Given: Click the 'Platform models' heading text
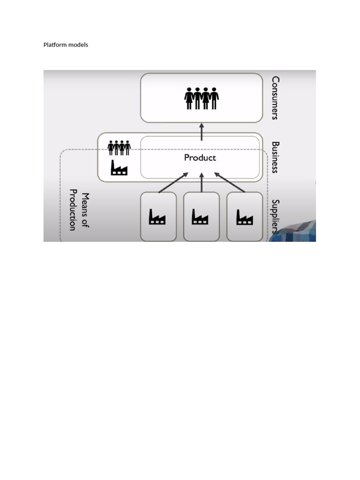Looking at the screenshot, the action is tap(66, 45).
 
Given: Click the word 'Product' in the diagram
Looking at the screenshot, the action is tap(200, 158).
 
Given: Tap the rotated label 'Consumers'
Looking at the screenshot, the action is tap(275, 98).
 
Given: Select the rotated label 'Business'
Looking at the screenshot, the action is tap(275, 157).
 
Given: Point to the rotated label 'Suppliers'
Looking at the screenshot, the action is tap(275, 217).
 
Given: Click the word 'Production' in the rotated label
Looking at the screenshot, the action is tap(73, 210).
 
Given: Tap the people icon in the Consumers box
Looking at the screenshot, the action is tap(202, 98).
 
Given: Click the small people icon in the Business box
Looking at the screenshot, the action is tap(119, 148).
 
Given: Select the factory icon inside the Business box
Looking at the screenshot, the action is tap(119, 167).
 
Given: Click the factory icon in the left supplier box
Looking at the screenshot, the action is tap(157, 217).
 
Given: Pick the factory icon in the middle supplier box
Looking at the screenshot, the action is tap(200, 217).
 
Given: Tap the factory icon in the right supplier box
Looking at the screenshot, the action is tap(244, 217).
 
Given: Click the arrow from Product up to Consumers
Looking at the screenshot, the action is tap(202, 132).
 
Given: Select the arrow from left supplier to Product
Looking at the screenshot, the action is tap(173, 182).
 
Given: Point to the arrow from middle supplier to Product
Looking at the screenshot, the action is tap(202, 182).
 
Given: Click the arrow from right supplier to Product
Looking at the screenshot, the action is tap(230, 182).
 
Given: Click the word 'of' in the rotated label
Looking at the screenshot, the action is tap(85, 224).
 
